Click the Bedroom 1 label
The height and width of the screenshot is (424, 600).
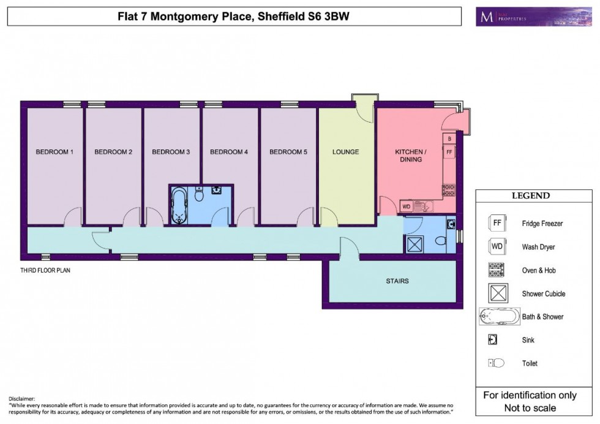(x=54, y=152)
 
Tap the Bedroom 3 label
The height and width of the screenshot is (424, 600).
(x=171, y=152)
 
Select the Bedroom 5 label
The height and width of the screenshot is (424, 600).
(x=288, y=152)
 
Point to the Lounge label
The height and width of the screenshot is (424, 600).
(x=346, y=152)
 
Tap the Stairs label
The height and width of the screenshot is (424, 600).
(x=397, y=281)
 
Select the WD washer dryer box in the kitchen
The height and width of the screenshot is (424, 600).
(x=407, y=206)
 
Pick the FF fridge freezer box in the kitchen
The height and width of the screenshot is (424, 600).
(x=449, y=151)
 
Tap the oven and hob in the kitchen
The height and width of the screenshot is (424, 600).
(x=449, y=190)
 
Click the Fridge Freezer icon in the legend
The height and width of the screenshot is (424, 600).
(x=497, y=224)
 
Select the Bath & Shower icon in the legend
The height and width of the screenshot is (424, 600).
(x=498, y=317)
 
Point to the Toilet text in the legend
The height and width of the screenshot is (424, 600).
(x=530, y=363)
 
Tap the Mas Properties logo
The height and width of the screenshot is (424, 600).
(x=525, y=17)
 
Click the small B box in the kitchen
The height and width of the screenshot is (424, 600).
(x=449, y=138)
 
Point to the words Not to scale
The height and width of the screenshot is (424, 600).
(x=530, y=408)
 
